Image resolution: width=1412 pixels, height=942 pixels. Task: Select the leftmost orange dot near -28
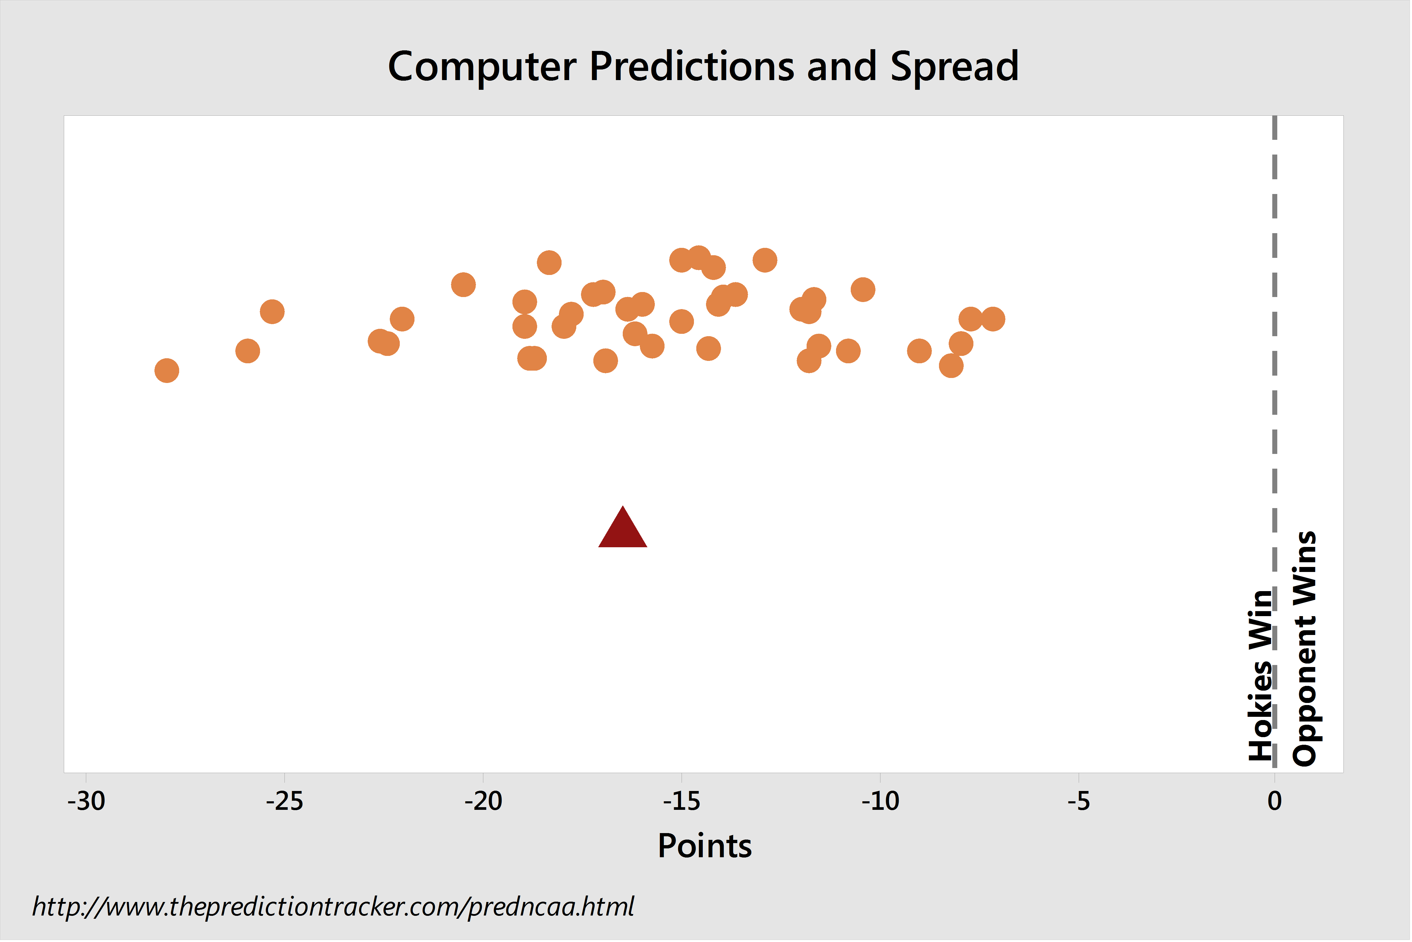pos(167,371)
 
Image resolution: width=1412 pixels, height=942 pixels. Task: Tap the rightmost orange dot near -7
pos(993,319)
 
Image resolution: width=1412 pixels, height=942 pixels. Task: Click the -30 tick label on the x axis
pos(86,801)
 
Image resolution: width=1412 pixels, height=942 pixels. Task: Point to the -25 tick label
pos(284,801)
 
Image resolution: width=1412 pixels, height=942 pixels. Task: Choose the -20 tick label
pos(483,801)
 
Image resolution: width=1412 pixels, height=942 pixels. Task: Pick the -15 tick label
pos(681,801)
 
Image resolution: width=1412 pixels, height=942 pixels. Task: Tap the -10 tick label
pos(880,801)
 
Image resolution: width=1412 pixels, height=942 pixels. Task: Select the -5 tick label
pos(1079,801)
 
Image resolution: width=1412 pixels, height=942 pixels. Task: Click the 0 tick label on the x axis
pos(1275,801)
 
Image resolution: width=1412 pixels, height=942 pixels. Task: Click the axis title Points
pos(705,847)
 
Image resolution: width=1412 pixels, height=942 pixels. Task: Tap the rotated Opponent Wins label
pos(1305,649)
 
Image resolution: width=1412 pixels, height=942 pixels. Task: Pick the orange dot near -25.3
pos(272,312)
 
